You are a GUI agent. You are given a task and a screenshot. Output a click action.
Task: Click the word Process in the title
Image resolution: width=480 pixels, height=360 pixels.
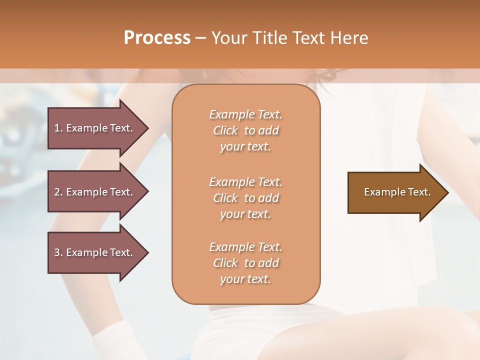157,38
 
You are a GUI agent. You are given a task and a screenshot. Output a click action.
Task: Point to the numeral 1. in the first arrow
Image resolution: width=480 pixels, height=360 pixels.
58,128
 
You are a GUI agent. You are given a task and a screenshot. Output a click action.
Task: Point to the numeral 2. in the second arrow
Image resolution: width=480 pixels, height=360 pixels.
58,192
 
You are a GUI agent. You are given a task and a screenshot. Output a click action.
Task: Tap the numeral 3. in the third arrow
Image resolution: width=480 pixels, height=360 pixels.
58,252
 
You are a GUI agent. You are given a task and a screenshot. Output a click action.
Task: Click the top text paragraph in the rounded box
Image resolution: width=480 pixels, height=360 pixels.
245,130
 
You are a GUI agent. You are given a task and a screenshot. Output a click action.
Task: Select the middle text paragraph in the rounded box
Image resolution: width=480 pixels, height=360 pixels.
245,198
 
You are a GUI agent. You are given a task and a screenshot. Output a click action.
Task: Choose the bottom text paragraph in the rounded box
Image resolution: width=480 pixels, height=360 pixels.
245,263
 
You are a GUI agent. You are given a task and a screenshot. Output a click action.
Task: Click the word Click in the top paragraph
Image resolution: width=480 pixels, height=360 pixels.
225,130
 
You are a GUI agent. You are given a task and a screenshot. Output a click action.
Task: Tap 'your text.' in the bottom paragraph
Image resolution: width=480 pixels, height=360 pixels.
245,279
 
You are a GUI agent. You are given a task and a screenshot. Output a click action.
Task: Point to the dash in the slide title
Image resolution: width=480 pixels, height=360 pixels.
201,38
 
